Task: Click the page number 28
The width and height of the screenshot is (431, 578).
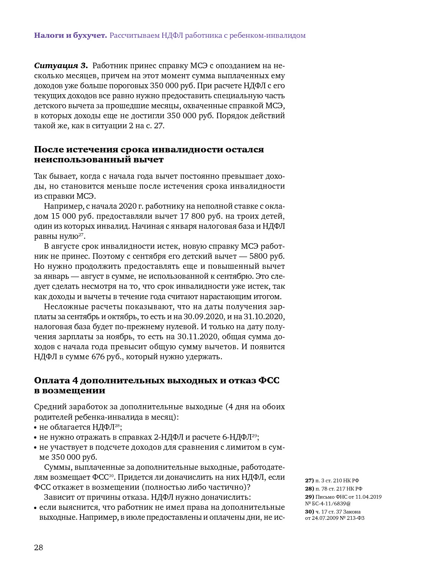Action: click(39, 548)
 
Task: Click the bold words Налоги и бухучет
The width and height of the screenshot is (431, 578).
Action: click(70, 36)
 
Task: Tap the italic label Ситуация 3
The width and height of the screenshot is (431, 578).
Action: click(61, 66)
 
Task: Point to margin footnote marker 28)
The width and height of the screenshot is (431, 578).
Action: click(309, 489)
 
